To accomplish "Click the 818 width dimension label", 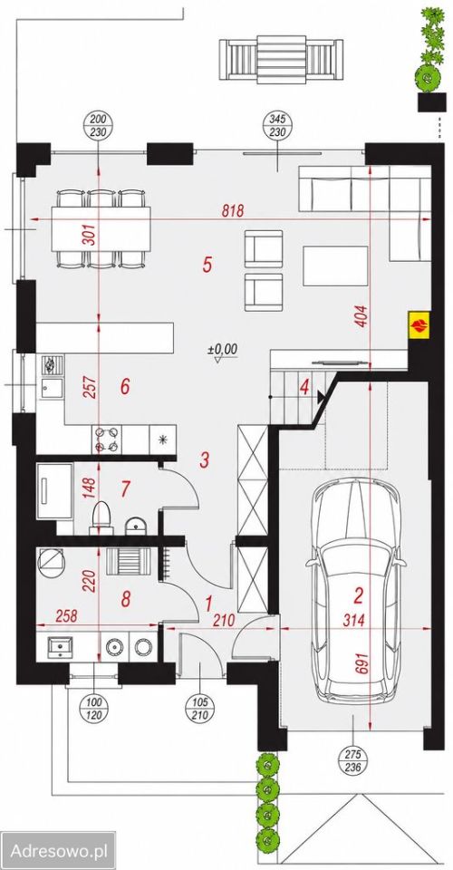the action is tap(234, 210).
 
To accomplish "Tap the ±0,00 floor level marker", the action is tap(222, 352).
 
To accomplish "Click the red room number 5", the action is tap(207, 264).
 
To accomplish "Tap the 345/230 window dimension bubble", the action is tap(276, 126).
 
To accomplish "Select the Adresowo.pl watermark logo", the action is tap(58, 850).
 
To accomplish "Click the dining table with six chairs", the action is tap(101, 228).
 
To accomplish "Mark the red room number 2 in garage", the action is tap(359, 596).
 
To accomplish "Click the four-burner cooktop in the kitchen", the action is tap(106, 439).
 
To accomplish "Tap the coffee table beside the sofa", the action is tap(335, 266).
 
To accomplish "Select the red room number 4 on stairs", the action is tap(304, 387).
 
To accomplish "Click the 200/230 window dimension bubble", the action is tap(98, 126).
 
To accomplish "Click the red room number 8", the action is tap(126, 599).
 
